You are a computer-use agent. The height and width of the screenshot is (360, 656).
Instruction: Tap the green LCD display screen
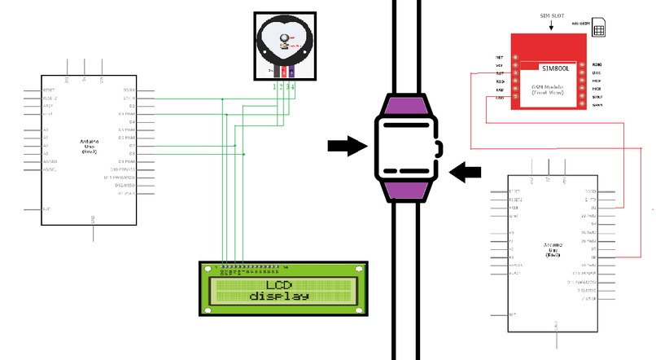282,290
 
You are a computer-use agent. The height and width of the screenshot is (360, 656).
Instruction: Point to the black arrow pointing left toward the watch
466,171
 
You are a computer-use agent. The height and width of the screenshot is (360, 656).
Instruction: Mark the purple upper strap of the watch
405,108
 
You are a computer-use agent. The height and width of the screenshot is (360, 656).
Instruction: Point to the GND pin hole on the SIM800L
514,99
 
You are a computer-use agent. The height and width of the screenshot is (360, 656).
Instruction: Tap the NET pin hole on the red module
514,58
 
